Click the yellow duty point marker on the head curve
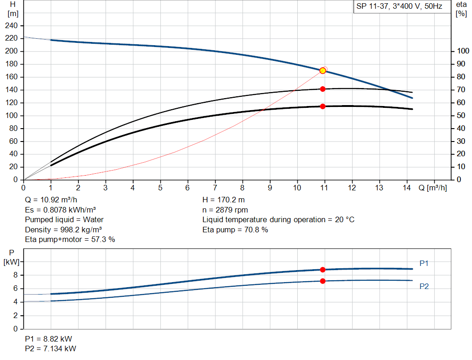pyautogui.click(x=323, y=71)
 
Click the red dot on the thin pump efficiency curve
pyautogui.click(x=323, y=89)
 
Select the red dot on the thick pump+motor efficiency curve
pyautogui.click(x=323, y=106)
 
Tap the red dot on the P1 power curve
pyautogui.click(x=323, y=270)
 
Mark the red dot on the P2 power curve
pyautogui.click(x=323, y=281)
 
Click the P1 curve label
pyautogui.click(x=424, y=263)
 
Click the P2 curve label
pyautogui.click(x=424, y=286)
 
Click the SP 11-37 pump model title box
pyautogui.click(x=399, y=6)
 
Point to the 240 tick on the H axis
pyautogui.click(x=12, y=25)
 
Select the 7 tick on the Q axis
pyautogui.click(x=215, y=188)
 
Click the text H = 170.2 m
pyautogui.click(x=224, y=201)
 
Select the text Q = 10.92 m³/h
pyautogui.click(x=51, y=201)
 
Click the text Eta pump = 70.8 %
pyautogui.click(x=235, y=230)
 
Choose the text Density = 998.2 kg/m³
pyautogui.click(x=63, y=230)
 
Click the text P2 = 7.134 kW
pyautogui.click(x=51, y=348)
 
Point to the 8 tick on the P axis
pyautogui.click(x=15, y=275)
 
